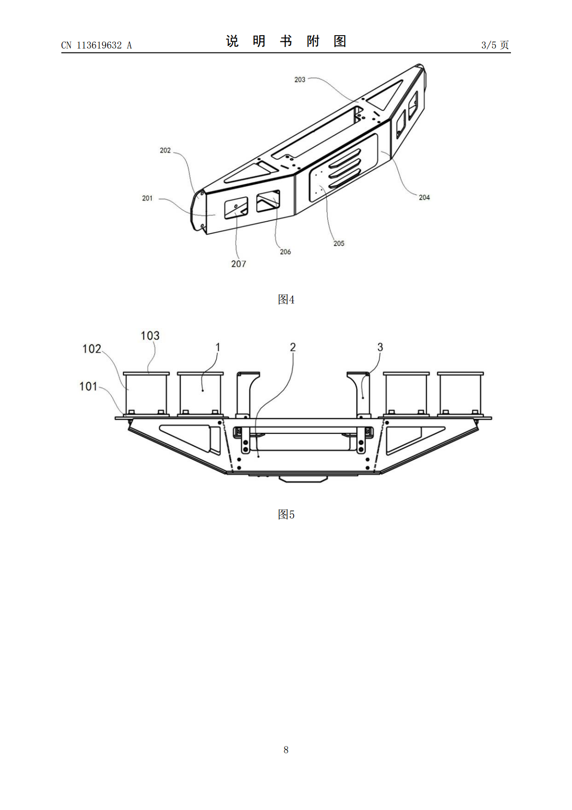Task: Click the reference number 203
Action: pos(299,79)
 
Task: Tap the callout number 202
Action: pos(165,151)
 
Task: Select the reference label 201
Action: pos(147,198)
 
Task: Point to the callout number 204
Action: pos(424,197)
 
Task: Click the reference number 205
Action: pos(338,243)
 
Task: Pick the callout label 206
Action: pos(285,252)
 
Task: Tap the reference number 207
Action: pos(238,264)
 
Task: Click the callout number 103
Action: pos(150,336)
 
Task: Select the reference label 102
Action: pos(92,349)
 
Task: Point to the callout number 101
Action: pos(88,387)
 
